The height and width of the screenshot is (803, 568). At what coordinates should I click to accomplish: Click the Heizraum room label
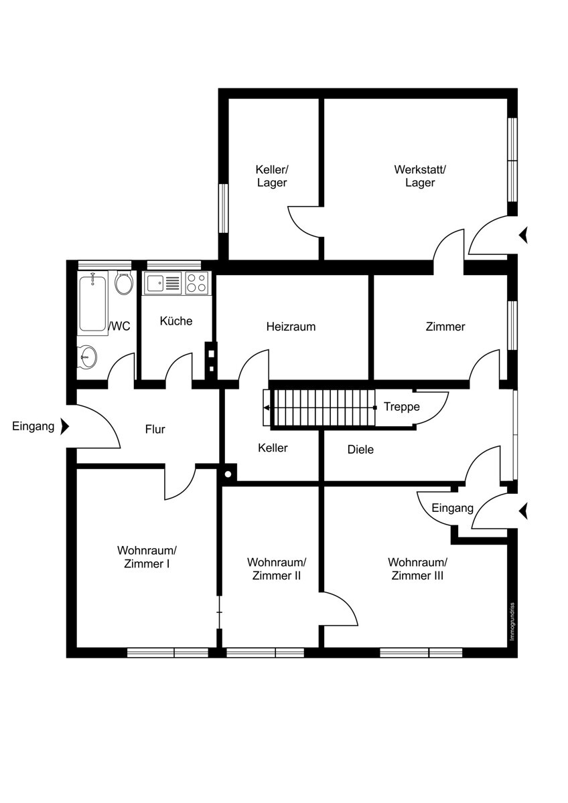point(291,327)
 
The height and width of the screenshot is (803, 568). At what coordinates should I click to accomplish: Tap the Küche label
point(175,321)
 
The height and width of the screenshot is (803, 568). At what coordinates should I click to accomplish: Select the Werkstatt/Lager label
point(419,175)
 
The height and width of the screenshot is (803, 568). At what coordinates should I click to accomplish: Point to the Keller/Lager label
point(272,175)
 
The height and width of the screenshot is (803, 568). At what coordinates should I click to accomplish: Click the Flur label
point(155,429)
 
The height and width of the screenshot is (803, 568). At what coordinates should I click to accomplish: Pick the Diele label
point(360,450)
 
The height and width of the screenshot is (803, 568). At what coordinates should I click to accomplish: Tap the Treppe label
point(401,407)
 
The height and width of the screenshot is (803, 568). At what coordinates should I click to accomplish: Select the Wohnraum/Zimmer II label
point(276,569)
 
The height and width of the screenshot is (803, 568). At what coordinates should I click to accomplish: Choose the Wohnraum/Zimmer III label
point(417,569)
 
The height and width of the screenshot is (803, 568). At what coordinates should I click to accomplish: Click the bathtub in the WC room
point(92,303)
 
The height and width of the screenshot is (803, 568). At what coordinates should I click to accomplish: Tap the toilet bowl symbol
point(124,283)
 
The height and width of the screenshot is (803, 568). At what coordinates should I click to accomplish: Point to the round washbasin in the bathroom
point(87,357)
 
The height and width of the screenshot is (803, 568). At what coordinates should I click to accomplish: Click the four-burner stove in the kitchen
point(197,282)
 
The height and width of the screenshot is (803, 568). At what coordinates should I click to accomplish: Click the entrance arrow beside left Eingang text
point(64,426)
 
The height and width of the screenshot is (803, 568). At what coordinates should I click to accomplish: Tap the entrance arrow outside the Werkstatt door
point(523,235)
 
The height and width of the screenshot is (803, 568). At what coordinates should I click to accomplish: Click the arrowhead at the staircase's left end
point(266,408)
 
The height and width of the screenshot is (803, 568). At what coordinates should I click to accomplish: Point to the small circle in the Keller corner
point(228,474)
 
